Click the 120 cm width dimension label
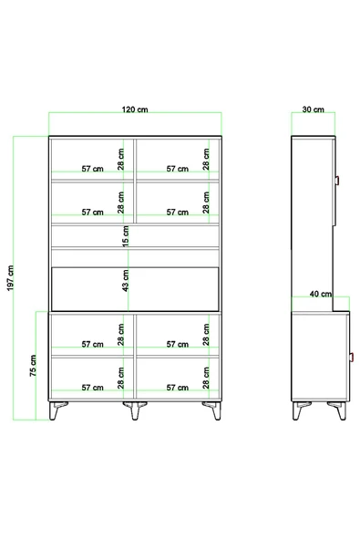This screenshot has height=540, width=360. pos(135,109)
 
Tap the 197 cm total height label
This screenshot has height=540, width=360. pos(10,278)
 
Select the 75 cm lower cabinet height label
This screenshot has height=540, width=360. pos(33,366)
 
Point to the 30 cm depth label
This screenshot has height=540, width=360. pos(313,109)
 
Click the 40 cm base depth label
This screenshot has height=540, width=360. pos(321,294)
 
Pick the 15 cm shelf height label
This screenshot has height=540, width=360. pos(125,236)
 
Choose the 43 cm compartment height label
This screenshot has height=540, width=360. pos(125,281)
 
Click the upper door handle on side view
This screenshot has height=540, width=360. pos(337,180)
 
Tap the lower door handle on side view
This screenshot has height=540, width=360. pos(352,358)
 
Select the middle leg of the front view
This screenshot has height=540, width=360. pos(135,410)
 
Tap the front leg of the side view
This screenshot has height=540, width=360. pos(338,410)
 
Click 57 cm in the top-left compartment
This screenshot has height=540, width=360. pos(92,169)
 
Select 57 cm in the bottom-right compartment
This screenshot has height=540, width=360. pos(177,388)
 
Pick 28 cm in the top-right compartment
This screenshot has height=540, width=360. pos(206,159)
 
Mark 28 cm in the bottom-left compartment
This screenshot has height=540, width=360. pos(120,378)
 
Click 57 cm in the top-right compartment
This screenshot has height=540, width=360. pos(177,169)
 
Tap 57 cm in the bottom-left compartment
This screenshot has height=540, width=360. pos(92,388)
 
